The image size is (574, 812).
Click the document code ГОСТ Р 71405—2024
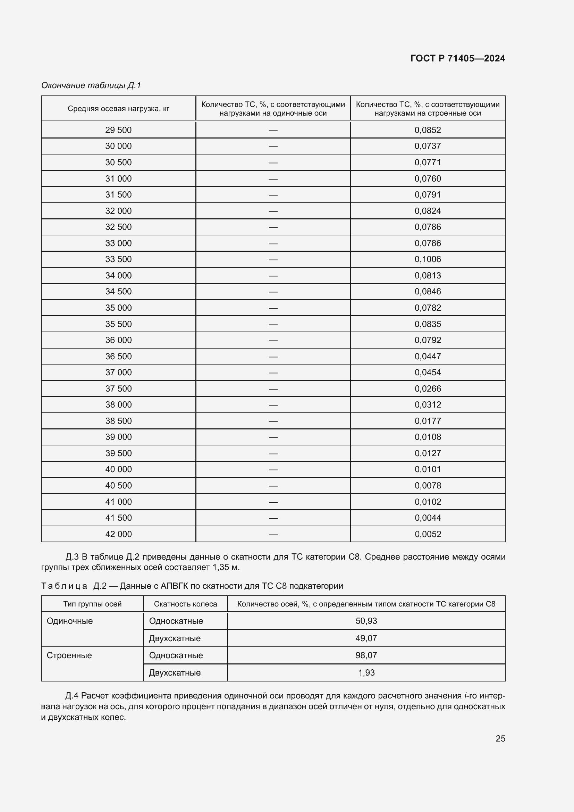457,58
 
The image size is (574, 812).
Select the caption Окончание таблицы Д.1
91,85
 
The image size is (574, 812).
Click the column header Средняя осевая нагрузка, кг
118,109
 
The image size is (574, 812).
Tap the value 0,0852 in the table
428,130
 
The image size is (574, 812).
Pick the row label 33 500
118,259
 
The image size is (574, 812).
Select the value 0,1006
428,259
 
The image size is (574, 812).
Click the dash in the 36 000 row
273,340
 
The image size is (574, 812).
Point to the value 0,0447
428,357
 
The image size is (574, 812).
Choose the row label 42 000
118,534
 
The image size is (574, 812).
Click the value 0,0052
428,534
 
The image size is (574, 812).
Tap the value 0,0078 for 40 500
428,486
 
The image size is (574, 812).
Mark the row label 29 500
118,130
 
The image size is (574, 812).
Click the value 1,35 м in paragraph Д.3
226,567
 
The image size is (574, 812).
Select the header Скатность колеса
185,604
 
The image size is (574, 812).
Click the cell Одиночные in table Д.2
70,621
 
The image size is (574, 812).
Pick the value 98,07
366,655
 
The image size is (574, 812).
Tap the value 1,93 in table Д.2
366,673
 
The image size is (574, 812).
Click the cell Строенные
69,655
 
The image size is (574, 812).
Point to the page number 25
500,738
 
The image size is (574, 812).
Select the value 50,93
366,621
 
